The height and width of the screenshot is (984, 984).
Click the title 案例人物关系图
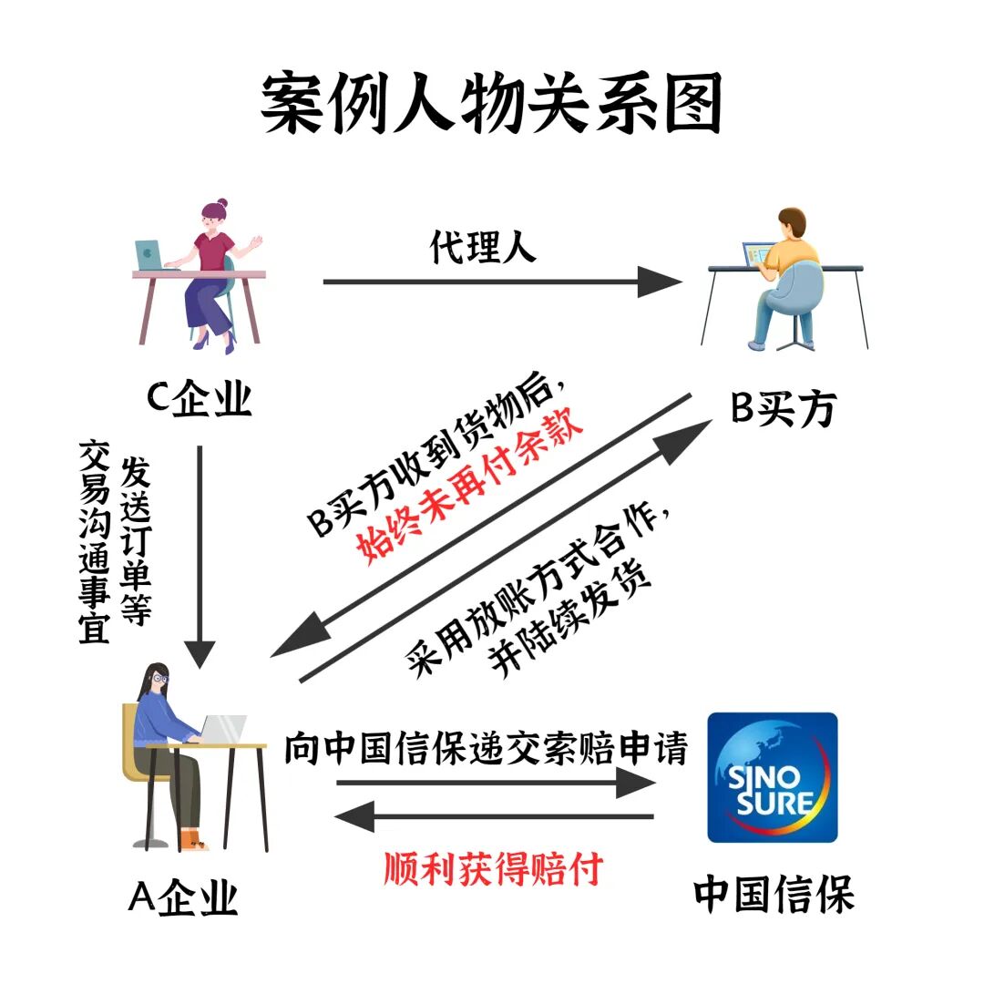tap(492, 103)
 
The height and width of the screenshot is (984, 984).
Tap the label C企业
tap(200, 397)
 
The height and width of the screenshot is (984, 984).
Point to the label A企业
tap(182, 897)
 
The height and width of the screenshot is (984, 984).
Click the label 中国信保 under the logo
tap(774, 895)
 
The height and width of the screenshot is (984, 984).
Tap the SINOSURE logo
tap(773, 777)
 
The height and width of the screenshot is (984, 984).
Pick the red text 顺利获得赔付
tap(493, 869)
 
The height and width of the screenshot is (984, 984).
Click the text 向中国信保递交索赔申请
tap(485, 749)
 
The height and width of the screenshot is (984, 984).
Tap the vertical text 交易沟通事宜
tap(95, 541)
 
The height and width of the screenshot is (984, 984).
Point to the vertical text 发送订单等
tap(136, 541)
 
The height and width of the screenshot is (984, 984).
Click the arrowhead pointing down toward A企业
tap(200, 653)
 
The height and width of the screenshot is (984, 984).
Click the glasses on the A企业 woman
tap(159, 679)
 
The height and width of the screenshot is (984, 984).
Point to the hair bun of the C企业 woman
tap(221, 204)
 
